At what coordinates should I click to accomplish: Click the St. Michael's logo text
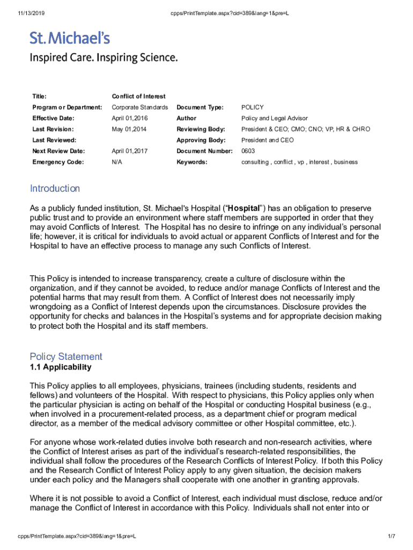click(x=70, y=38)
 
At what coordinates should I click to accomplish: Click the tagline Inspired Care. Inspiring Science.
click(x=104, y=57)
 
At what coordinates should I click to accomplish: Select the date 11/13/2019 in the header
click(x=19, y=12)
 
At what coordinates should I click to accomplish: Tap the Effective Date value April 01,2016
click(x=129, y=118)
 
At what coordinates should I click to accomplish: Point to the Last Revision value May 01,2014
click(x=129, y=129)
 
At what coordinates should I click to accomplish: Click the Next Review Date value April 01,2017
click(x=129, y=151)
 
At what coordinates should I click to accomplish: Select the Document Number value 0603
click(x=248, y=151)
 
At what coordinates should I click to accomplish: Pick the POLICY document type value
click(x=252, y=107)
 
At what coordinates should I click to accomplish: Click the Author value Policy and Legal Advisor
click(x=274, y=118)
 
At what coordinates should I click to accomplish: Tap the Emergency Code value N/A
click(x=116, y=162)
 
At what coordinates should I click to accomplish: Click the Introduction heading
click(x=55, y=189)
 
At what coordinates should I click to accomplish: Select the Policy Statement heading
click(x=66, y=357)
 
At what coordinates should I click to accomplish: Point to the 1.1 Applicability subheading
click(x=61, y=367)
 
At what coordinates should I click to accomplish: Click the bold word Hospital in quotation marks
click(x=245, y=208)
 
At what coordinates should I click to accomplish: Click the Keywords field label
click(x=191, y=162)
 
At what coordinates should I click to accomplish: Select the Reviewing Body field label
click(x=201, y=129)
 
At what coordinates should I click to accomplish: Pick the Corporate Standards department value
click(x=139, y=107)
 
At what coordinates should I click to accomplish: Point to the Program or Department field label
click(x=67, y=107)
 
